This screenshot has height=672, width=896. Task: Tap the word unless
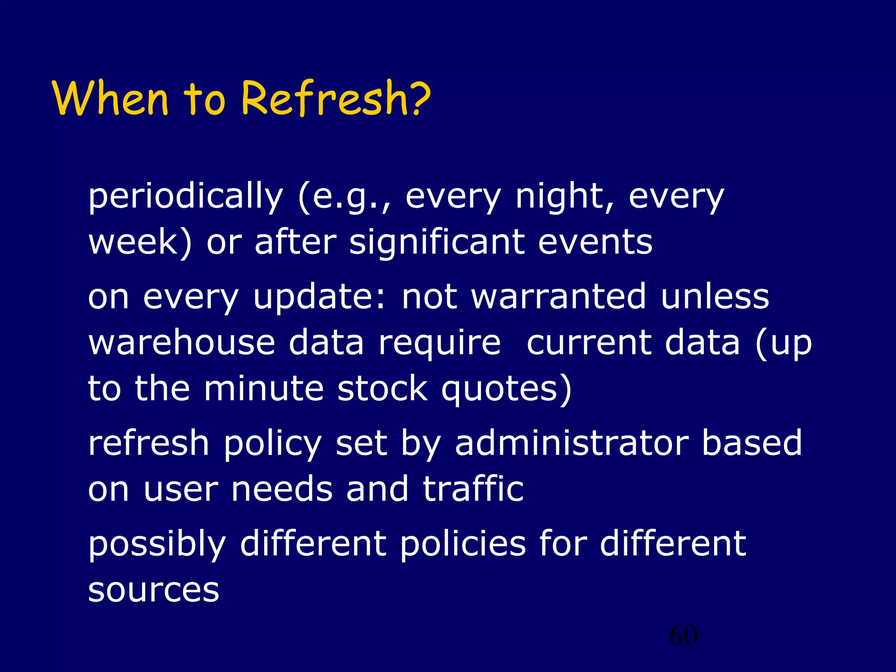click(715, 297)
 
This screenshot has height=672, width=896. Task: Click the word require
click(439, 344)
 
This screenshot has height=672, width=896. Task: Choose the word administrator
click(571, 443)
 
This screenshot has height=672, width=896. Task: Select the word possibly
click(157, 545)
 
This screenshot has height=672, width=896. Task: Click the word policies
click(463, 544)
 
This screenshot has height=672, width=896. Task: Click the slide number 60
click(683, 635)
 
